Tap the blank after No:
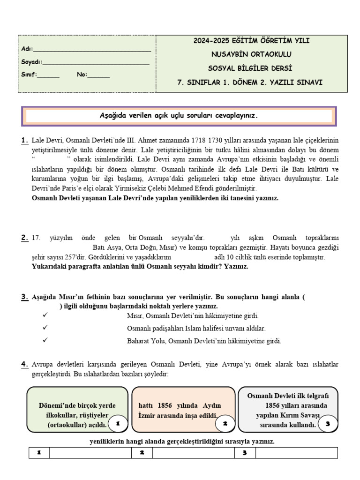coord(98,75)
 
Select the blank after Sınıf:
coord(48,75)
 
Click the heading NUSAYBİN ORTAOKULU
coord(252,54)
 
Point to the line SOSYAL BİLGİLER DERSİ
coord(252,68)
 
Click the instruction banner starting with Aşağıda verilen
coord(179,116)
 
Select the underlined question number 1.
coord(24,141)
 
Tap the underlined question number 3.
coord(24,297)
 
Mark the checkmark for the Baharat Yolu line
coord(45,340)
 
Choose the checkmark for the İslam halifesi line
coord(45,328)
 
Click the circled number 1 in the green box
coord(118,423)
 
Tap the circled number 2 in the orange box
coord(225,423)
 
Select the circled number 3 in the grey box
coord(328,423)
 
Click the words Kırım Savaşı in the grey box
coord(301,415)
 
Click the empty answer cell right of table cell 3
coord(296,453)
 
